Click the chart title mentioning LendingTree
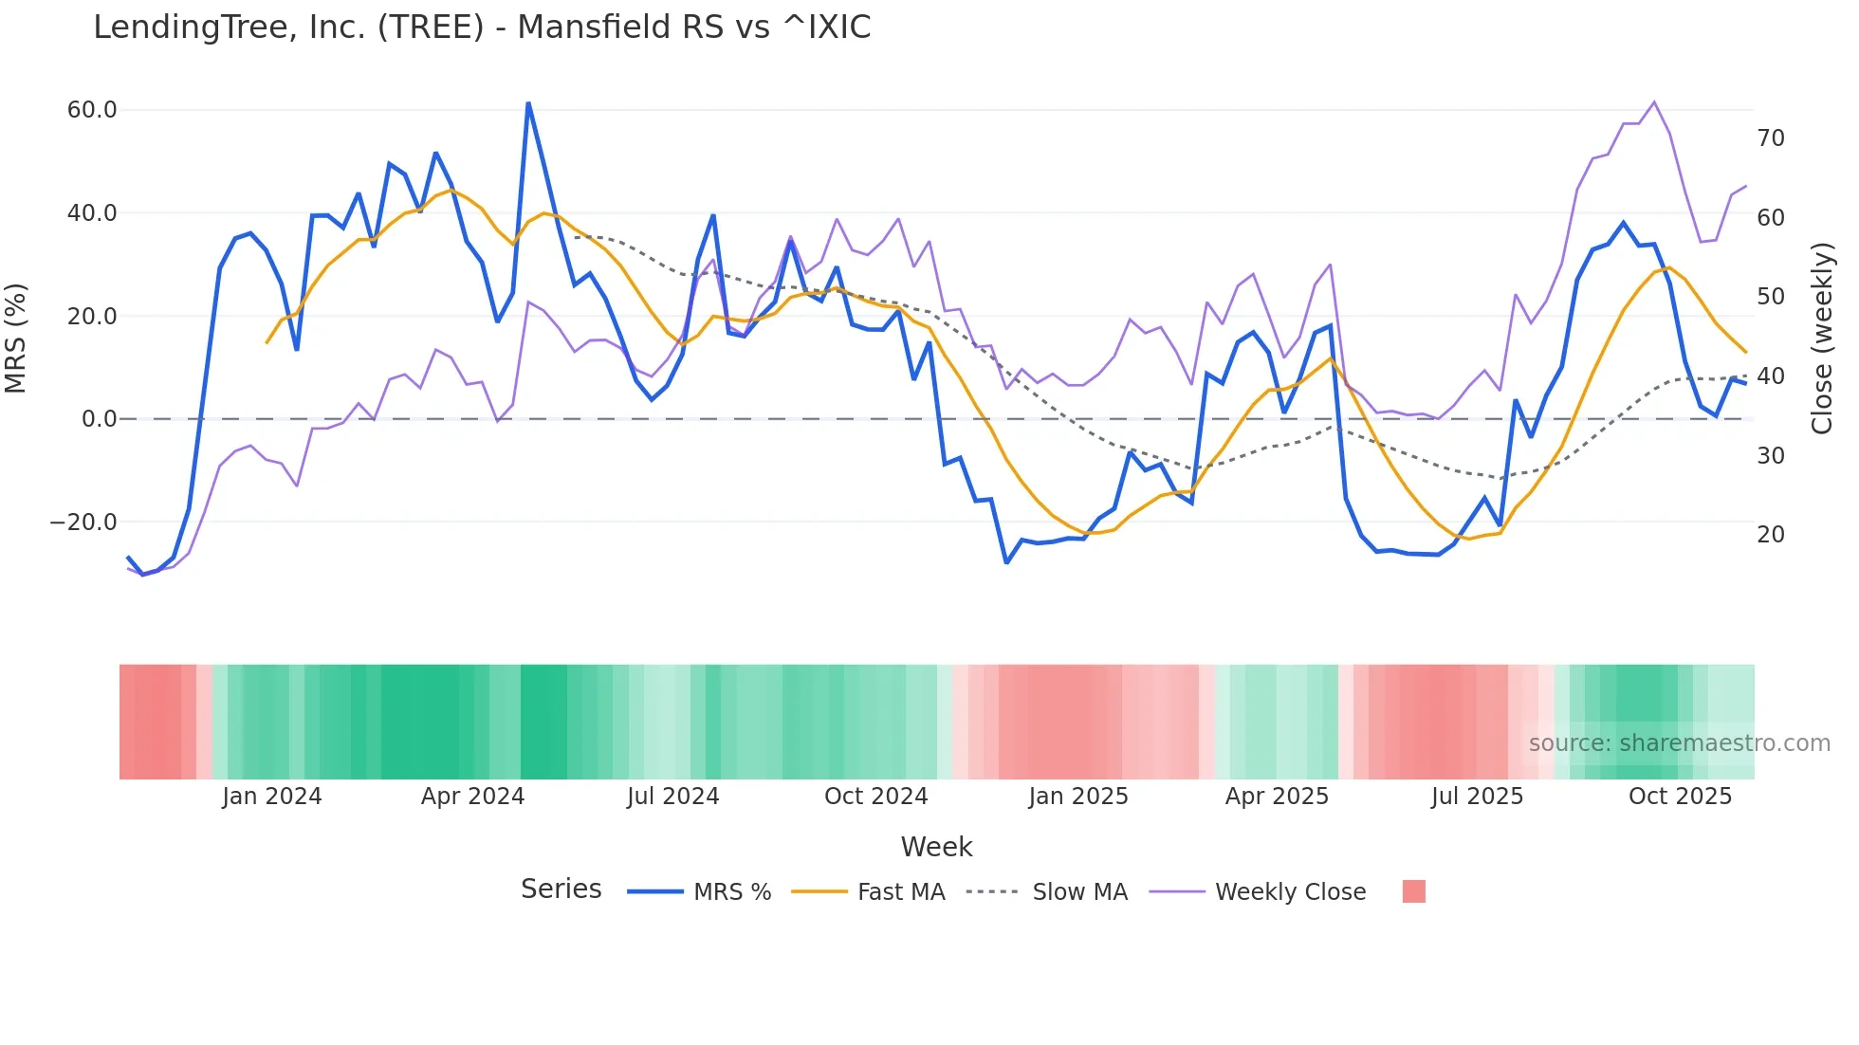tap(482, 27)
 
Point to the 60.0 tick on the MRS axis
tap(92, 110)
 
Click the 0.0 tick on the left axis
tap(99, 419)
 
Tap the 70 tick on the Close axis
tap(1770, 138)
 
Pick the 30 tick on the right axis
tap(1770, 456)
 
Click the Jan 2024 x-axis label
tap(271, 797)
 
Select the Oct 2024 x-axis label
tap(875, 797)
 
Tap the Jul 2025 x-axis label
tap(1477, 797)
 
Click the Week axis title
tap(936, 847)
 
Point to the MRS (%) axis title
tap(16, 338)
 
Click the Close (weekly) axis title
tap(1821, 338)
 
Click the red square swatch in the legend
tap(1413, 891)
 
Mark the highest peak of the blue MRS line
tap(528, 103)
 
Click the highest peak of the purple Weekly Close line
tap(1654, 101)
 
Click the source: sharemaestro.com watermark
tap(1679, 743)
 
